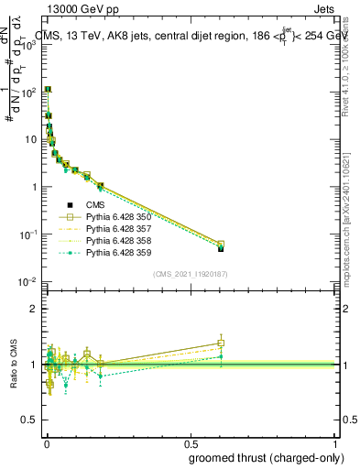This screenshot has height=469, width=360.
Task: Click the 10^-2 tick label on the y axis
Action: (x=29, y=281)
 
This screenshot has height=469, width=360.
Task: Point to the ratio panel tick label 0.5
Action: (x=30, y=420)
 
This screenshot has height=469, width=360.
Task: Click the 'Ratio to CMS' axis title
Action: (x=12, y=365)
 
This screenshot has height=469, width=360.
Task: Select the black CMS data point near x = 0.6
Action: (x=221, y=248)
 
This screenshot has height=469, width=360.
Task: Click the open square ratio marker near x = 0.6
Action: (x=221, y=343)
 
